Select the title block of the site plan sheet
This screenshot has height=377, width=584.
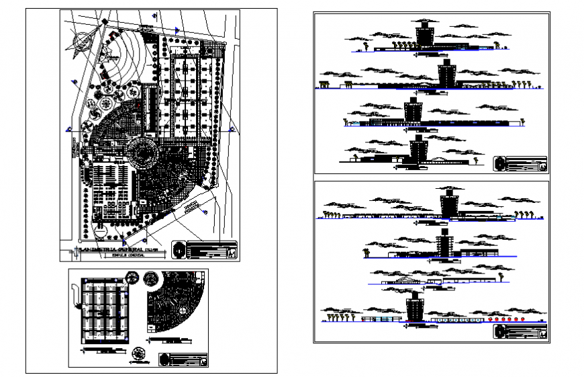click(x=204, y=250)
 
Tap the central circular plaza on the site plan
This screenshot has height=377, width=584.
click(x=142, y=152)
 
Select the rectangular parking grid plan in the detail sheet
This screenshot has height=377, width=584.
click(x=103, y=310)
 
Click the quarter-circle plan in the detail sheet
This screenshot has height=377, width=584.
click(x=173, y=303)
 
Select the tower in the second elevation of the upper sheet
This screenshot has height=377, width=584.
click(x=444, y=73)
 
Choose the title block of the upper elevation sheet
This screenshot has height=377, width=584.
click(x=520, y=163)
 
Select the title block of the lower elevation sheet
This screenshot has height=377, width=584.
click(x=520, y=332)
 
